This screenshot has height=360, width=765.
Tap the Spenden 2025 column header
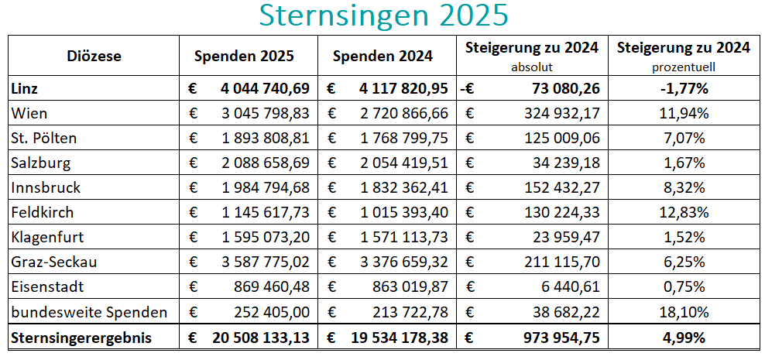[244, 56]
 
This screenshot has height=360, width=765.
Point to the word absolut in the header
[532, 67]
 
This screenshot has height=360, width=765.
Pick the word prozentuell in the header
[683, 67]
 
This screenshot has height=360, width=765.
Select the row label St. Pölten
[44, 139]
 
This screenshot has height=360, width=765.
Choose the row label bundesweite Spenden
[89, 313]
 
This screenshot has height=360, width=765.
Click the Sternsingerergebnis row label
[81, 338]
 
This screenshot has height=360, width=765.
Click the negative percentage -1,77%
[684, 88]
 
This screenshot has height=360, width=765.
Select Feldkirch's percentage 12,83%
[684, 213]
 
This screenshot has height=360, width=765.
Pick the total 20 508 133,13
[259, 338]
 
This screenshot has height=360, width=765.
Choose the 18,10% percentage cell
[684, 313]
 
